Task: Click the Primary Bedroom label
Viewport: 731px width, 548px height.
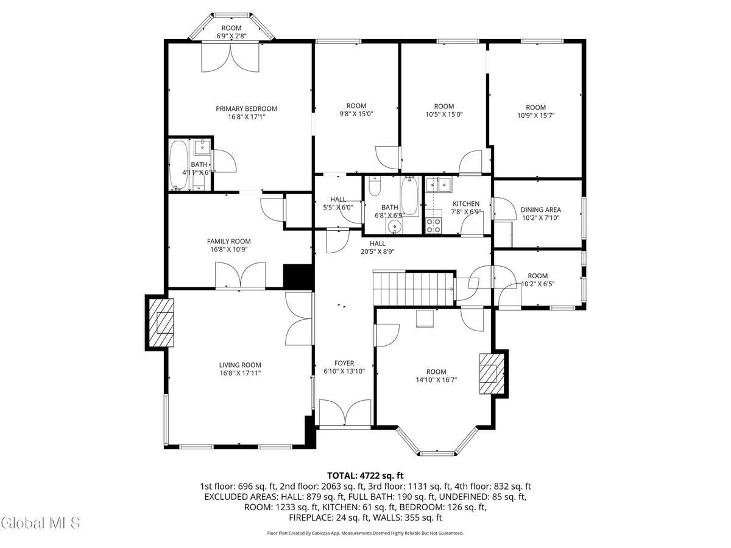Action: pos(246,109)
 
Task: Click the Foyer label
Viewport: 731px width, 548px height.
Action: pos(344,364)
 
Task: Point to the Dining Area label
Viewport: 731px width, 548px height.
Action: pos(540,210)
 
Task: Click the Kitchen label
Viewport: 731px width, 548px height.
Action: pos(465,203)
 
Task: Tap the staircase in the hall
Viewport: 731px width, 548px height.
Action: pos(414,288)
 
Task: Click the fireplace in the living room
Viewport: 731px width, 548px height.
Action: pos(162,323)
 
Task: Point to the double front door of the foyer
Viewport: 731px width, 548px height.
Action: pos(345,413)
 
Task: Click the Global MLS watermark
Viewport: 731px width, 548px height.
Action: pos(40,522)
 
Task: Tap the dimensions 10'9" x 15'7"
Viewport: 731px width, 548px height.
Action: pos(535,114)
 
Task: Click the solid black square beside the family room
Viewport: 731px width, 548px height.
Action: pos(298,275)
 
